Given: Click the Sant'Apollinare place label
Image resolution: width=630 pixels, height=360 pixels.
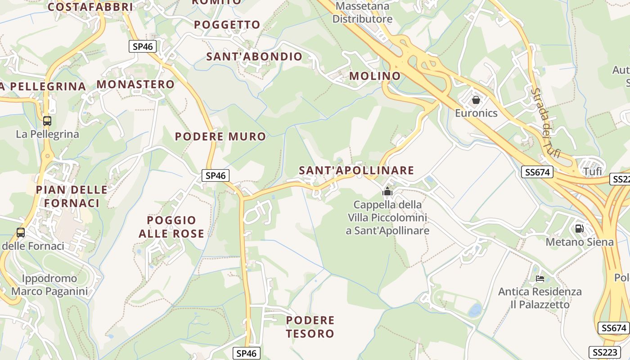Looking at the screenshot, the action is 356,170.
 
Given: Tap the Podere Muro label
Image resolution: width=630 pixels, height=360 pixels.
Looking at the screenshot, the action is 220,136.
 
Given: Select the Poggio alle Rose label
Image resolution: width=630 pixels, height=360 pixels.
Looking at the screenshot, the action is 171,227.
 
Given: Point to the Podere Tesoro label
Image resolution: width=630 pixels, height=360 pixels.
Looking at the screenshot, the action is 310,327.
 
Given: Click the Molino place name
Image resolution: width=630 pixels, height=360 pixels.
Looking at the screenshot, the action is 375,76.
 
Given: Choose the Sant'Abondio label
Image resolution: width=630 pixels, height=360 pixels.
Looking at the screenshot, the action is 254,56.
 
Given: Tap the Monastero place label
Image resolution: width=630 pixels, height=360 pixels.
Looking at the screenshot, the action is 135,84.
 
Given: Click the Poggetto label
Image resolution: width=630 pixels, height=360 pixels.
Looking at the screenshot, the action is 227,24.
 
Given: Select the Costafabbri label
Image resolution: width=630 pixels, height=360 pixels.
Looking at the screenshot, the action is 90,7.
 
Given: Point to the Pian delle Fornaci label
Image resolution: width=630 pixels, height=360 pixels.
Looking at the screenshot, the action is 72,196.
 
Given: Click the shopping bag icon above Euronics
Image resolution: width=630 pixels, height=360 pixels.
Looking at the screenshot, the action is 476,99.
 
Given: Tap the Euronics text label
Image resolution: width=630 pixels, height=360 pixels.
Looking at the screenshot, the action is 476,113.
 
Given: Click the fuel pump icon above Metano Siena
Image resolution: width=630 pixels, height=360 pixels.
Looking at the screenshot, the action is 579,229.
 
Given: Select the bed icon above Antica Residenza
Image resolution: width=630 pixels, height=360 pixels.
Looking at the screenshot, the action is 540,279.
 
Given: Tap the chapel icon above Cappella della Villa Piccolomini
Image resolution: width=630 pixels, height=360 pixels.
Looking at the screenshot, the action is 387,192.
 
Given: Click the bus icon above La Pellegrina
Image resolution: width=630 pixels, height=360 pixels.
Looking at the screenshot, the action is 47,121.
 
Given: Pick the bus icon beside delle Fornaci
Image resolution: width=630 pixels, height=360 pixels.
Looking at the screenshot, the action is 21,233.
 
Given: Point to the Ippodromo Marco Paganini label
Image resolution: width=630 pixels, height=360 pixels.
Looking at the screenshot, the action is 49,285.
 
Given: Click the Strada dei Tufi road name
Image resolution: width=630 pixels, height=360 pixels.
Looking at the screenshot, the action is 545,122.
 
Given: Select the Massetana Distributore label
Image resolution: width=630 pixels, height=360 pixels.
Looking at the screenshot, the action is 362,13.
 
